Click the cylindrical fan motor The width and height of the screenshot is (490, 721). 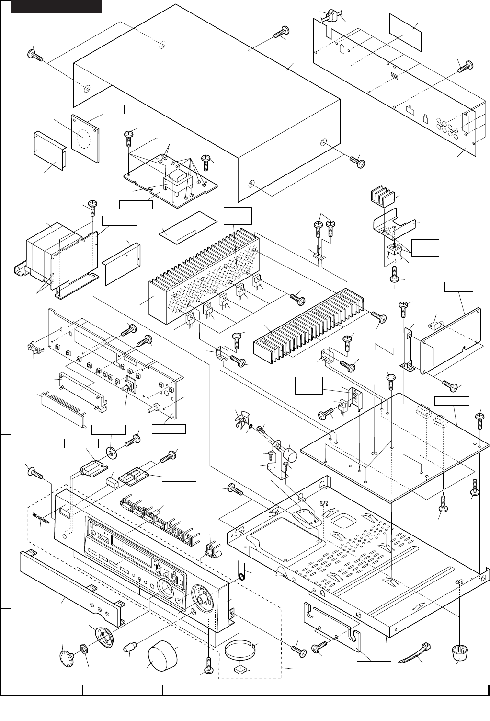pyautogui.click(x=290, y=454)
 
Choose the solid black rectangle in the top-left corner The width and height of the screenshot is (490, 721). pyautogui.click(x=56, y=6)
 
